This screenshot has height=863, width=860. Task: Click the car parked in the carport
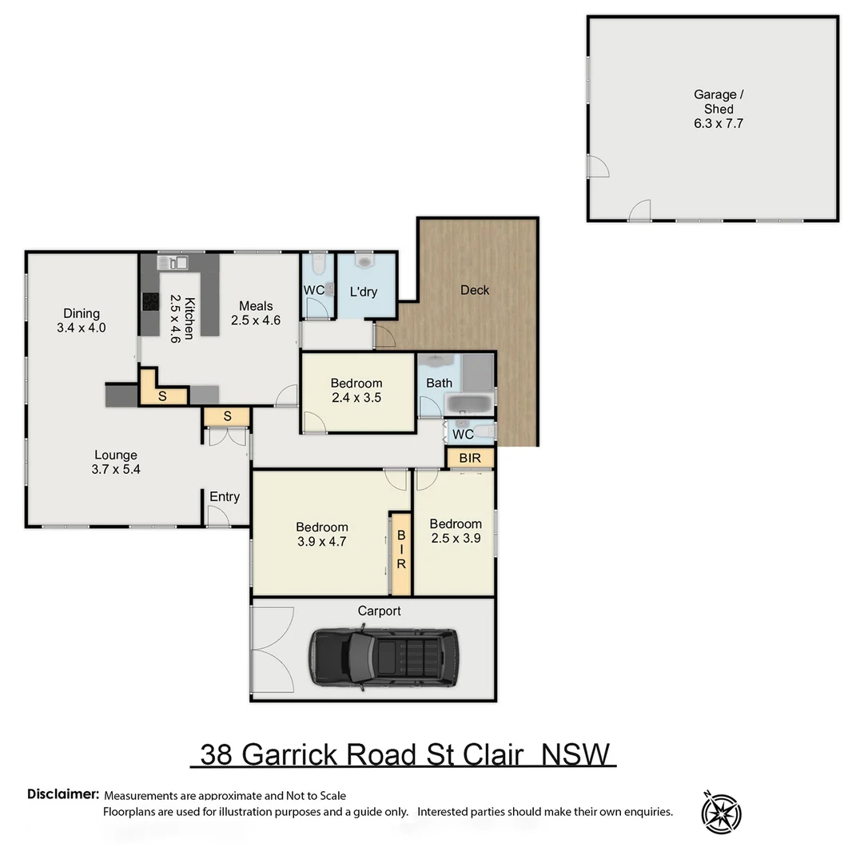[384, 658]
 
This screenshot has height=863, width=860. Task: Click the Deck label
[475, 290]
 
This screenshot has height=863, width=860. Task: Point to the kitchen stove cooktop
[150, 300]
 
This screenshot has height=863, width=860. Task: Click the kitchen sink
[173, 262]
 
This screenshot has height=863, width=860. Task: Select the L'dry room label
[364, 292]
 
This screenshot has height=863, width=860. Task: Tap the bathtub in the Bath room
[470, 403]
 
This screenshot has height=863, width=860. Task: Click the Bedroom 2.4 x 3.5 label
[356, 390]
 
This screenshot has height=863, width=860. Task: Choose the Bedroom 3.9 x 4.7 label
[322, 534]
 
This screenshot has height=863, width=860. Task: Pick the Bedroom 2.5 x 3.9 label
[456, 531]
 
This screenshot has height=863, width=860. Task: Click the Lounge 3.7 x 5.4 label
[115, 463]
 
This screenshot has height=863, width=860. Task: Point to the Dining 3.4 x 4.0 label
[82, 320]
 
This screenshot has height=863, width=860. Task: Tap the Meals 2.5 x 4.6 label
[257, 313]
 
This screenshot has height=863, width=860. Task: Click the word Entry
[225, 497]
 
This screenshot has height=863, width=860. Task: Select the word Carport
[380, 611]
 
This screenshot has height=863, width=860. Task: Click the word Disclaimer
[63, 794]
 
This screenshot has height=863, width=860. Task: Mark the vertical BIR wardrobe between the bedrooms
[400, 552]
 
